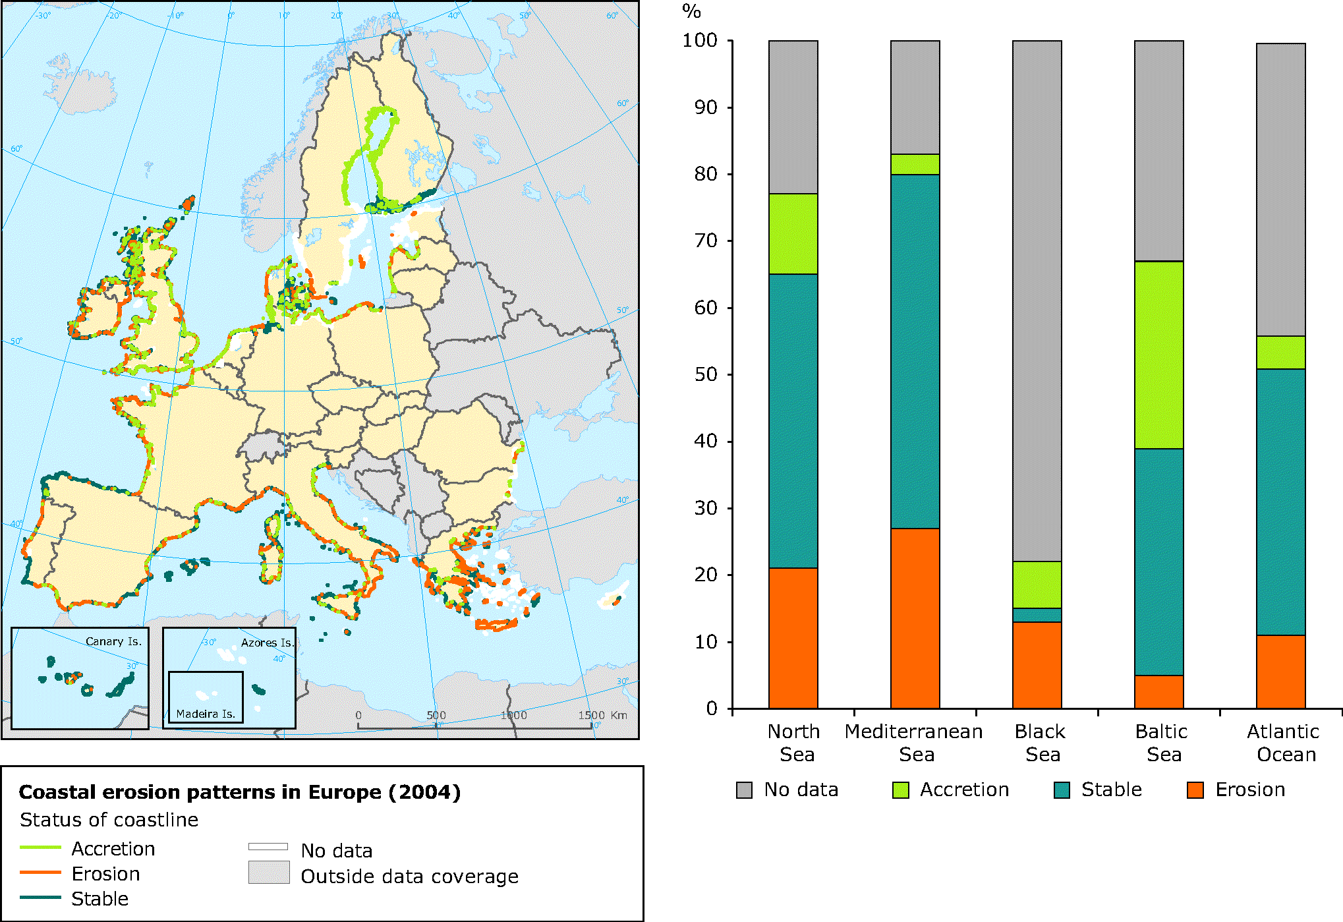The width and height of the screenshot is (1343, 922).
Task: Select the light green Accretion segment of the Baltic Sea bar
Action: tap(1158, 355)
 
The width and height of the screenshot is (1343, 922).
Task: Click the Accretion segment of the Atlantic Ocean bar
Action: tap(1280, 353)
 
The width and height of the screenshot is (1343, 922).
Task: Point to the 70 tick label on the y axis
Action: tap(705, 241)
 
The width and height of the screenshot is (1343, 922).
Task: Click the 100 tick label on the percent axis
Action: tap(699, 40)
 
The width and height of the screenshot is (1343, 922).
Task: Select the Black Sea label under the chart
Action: tap(1039, 743)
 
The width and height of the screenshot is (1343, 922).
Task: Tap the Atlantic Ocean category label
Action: tap(1282, 743)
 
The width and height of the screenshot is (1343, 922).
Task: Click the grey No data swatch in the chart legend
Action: tap(744, 790)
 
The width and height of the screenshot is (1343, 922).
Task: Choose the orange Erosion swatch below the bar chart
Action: tap(1195, 790)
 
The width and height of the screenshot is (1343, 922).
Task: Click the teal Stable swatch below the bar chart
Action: tap(1062, 790)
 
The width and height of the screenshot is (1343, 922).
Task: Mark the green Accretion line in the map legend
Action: tap(40, 848)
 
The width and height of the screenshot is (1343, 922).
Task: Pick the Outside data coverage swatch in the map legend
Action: tap(269, 873)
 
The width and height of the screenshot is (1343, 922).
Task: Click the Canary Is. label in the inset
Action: tap(113, 641)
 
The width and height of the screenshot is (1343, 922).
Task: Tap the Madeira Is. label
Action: tap(206, 714)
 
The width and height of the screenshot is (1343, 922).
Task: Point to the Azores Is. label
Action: tap(266, 643)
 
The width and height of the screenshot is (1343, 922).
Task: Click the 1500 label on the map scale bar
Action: tap(591, 715)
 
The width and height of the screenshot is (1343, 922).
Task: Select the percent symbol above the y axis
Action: tap(691, 11)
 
